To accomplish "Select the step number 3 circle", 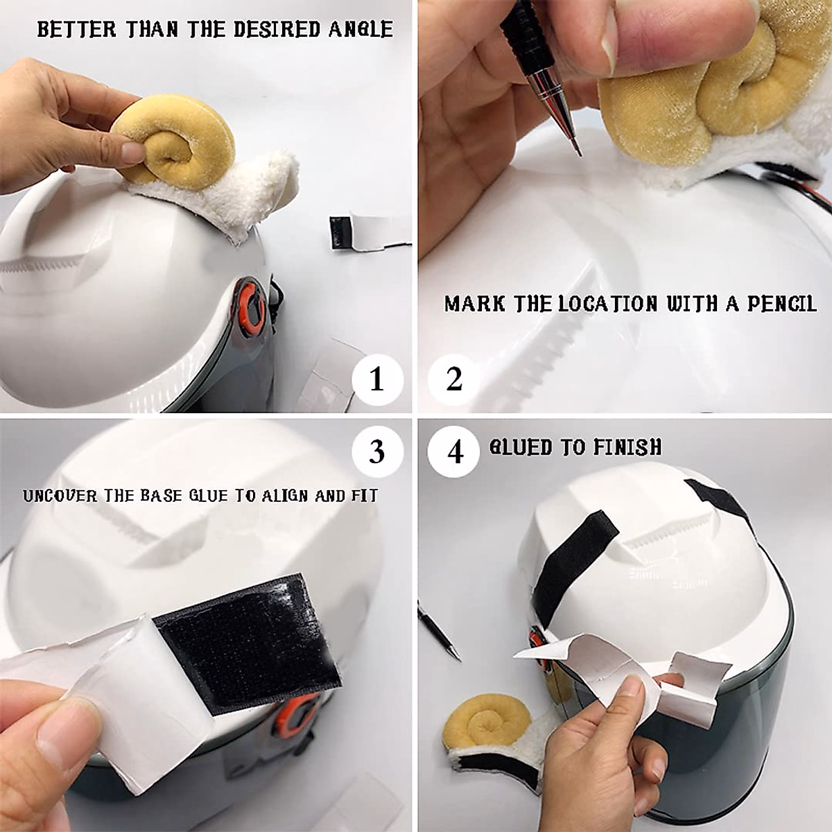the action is [x=378, y=452].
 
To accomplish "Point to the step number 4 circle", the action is [x=453, y=452].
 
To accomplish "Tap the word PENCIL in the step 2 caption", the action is [x=782, y=304].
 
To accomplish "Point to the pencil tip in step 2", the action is [x=580, y=154].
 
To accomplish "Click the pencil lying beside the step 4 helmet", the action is [x=440, y=638].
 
